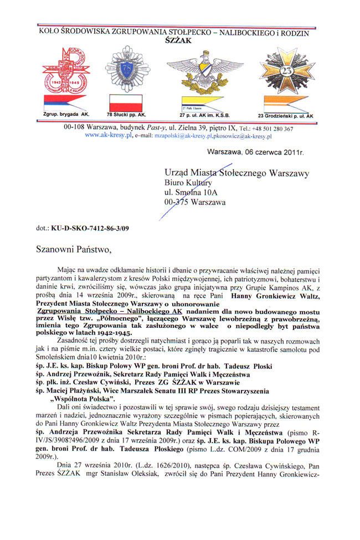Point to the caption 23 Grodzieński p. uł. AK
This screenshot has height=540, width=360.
point(285,115)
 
